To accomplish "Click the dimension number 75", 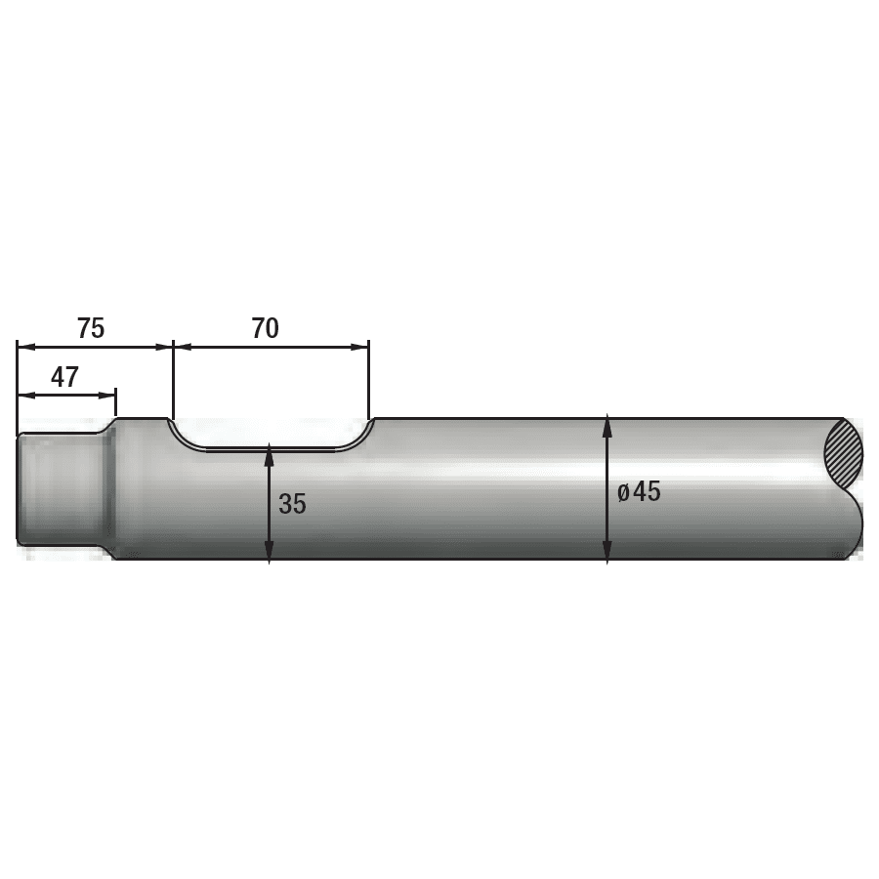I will [x=91, y=328].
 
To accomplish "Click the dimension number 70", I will [x=265, y=328].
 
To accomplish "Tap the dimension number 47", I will [x=64, y=378].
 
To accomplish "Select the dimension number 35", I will [x=292, y=504].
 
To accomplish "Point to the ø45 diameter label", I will [x=639, y=491].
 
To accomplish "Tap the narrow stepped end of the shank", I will [x=59, y=488].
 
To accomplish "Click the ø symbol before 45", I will [x=623, y=492].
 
